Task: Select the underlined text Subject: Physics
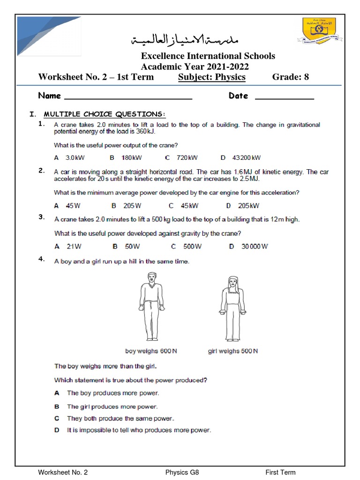[212, 77]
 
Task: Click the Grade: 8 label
[291, 77]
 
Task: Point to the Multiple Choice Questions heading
[105, 114]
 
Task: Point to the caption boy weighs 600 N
[151, 351]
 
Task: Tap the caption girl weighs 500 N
[232, 351]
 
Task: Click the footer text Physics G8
[182, 472]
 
